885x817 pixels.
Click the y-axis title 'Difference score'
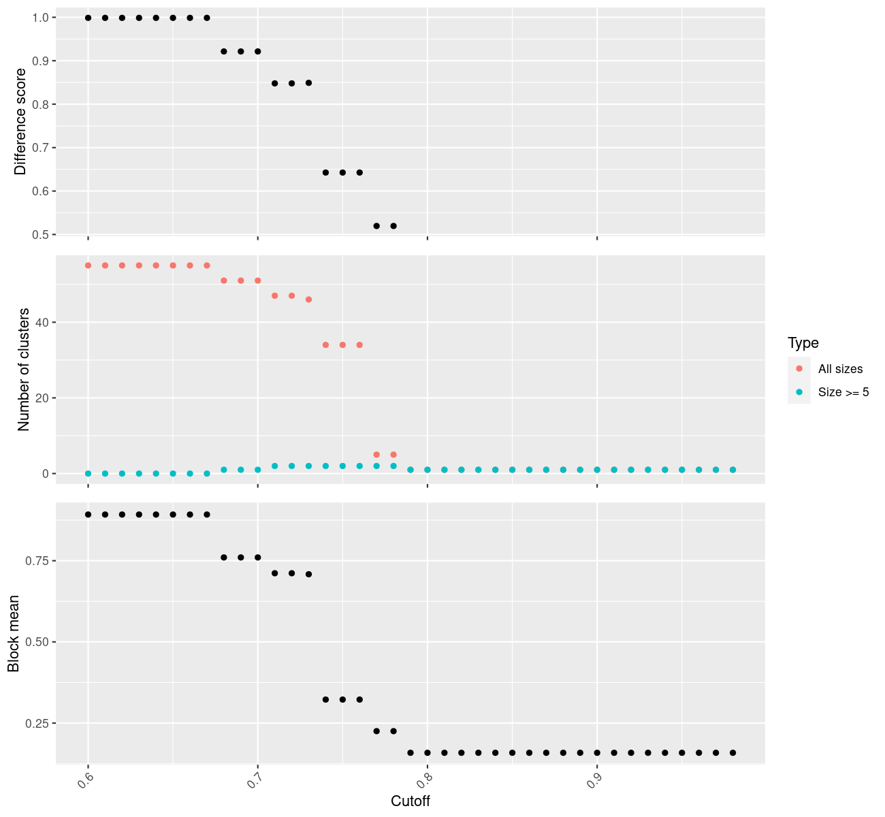click(x=20, y=121)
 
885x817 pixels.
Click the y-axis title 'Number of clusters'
click(x=25, y=370)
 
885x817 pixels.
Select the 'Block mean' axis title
click(x=14, y=634)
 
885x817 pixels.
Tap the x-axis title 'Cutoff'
click(x=410, y=801)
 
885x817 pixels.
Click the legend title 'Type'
click(x=803, y=342)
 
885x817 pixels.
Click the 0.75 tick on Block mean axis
click(x=38, y=561)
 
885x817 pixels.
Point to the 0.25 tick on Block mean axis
click(x=38, y=723)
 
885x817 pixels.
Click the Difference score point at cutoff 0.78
click(x=393, y=225)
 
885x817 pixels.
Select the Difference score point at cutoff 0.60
click(x=88, y=18)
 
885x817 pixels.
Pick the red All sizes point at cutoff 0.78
click(x=393, y=454)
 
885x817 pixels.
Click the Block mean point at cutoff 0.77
click(x=376, y=731)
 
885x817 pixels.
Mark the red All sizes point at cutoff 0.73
click(x=308, y=300)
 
